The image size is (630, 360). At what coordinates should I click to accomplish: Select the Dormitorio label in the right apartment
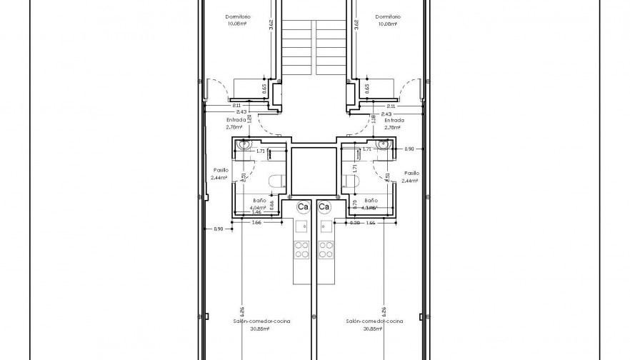point(387,16)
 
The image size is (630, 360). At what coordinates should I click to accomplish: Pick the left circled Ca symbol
point(303,206)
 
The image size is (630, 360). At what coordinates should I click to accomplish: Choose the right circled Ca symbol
point(324,206)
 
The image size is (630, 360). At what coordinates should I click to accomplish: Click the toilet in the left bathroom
point(276,182)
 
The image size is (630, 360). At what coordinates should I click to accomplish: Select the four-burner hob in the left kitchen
point(301,249)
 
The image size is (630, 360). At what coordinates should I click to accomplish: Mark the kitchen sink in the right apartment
point(326,229)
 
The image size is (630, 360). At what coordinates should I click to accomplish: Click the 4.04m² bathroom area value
point(259,207)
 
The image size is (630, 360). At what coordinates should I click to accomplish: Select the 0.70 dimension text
point(355,203)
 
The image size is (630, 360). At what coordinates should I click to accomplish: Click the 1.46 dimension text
point(256,213)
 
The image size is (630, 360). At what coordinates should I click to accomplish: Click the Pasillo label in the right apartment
point(411,173)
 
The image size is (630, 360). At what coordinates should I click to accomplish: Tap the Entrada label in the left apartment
point(236,120)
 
